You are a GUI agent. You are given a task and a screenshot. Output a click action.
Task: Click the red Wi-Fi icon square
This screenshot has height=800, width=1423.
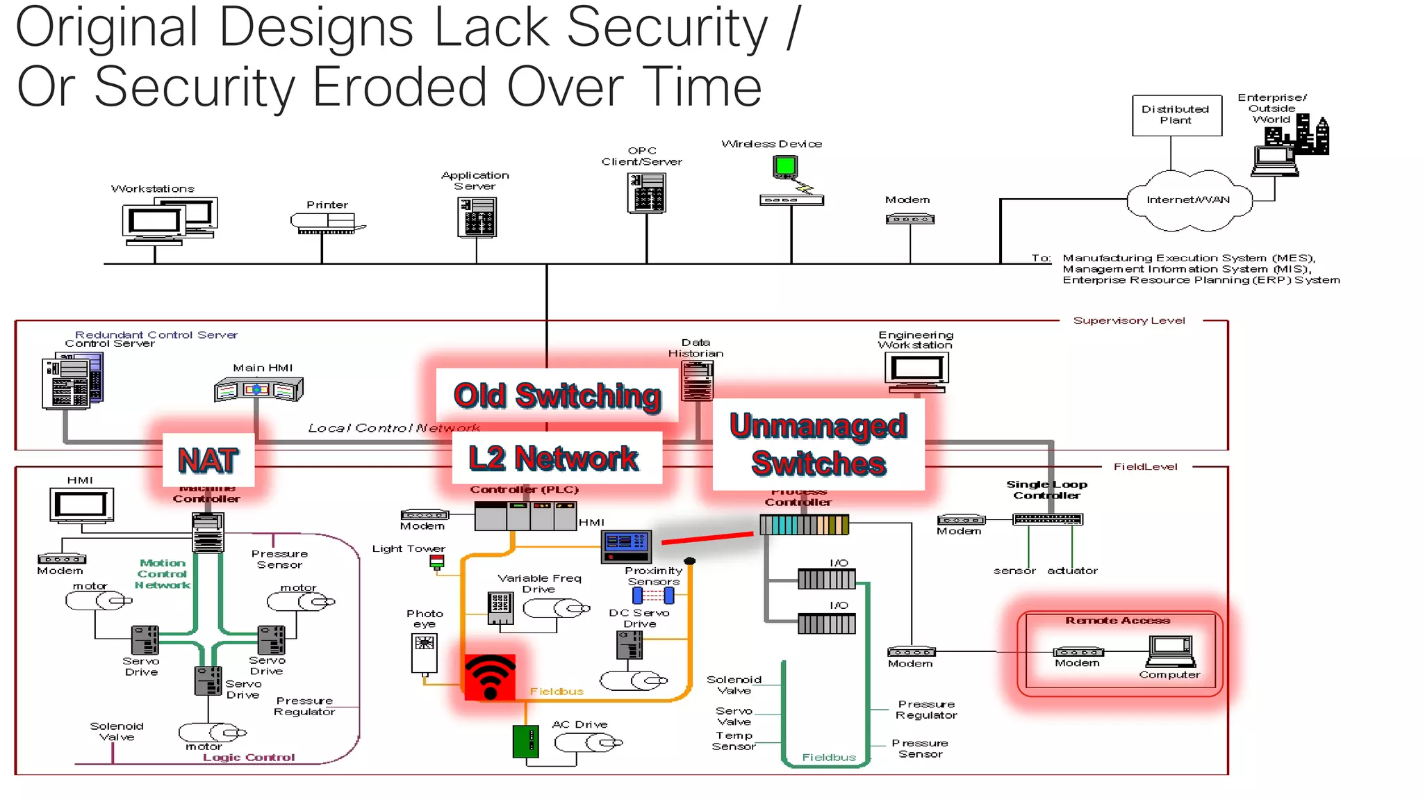coord(490,677)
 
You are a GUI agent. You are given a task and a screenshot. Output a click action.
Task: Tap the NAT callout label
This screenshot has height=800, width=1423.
coord(208,460)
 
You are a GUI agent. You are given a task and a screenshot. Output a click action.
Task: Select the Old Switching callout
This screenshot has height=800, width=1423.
coord(557,395)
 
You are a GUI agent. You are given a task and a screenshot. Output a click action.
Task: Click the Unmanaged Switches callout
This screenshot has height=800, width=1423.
coord(819,445)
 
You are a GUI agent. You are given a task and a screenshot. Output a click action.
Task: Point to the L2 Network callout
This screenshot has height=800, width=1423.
coord(554,459)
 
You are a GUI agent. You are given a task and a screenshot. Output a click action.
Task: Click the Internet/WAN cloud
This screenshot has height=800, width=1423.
coord(1188,200)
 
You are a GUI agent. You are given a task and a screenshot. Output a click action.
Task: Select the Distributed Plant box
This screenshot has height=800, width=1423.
coord(1176,115)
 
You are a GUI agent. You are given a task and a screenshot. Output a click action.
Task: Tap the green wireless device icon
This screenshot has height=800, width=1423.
coord(785,167)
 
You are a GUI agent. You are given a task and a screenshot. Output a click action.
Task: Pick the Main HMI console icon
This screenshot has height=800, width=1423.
coord(258,389)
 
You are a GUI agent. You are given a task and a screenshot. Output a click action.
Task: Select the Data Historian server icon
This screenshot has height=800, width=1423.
coord(698,381)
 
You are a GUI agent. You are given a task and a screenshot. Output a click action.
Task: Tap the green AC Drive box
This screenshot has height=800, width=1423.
coord(526,741)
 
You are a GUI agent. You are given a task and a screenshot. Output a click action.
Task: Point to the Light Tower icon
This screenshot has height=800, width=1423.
coord(436,562)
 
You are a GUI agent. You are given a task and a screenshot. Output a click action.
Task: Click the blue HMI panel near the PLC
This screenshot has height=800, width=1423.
coord(627,546)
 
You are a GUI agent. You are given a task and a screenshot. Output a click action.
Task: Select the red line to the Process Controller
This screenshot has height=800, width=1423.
coord(707,538)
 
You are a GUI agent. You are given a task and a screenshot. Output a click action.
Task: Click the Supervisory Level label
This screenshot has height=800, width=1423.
coord(1129,320)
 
